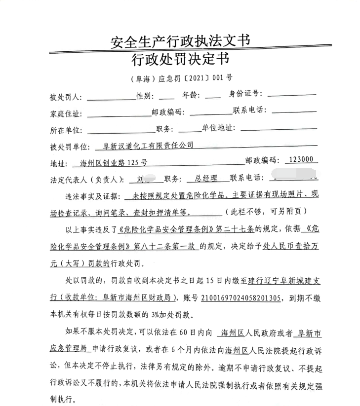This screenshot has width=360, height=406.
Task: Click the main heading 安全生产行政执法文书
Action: point(180,40)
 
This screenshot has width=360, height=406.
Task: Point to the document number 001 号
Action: point(222,77)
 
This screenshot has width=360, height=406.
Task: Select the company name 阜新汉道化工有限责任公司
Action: point(145,146)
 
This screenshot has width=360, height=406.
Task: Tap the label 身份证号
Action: point(244,94)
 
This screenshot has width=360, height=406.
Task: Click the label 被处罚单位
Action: point(68,146)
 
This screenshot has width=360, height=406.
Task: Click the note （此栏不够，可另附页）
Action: point(266,212)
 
